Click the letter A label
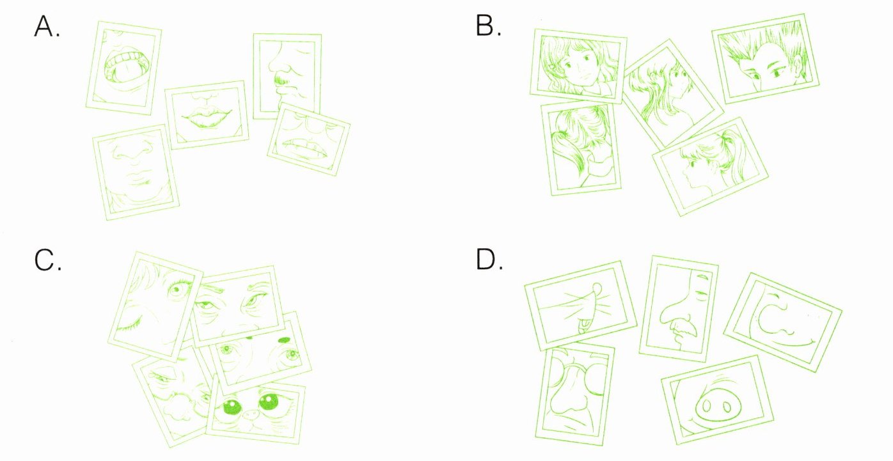[x=47, y=27]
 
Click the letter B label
[x=488, y=26]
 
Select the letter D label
[x=489, y=260]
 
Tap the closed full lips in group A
[x=206, y=117]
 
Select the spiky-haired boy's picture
[x=766, y=59]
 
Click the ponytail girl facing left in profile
[x=711, y=167]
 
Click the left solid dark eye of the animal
[x=232, y=407]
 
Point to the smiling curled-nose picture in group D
[x=783, y=322]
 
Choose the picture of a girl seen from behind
[x=581, y=149]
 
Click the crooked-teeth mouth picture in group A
[x=308, y=139]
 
